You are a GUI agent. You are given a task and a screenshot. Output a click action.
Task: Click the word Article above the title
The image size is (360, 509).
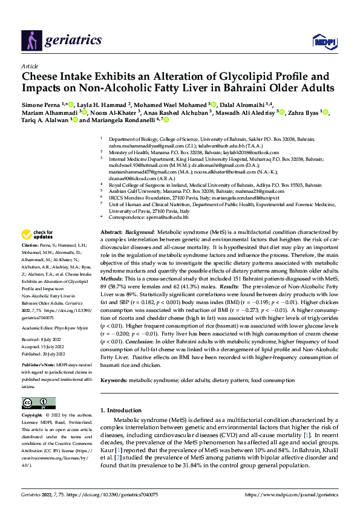pos(30,66)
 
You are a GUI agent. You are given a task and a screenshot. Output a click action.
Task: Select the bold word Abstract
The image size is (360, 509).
pos(111,232)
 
